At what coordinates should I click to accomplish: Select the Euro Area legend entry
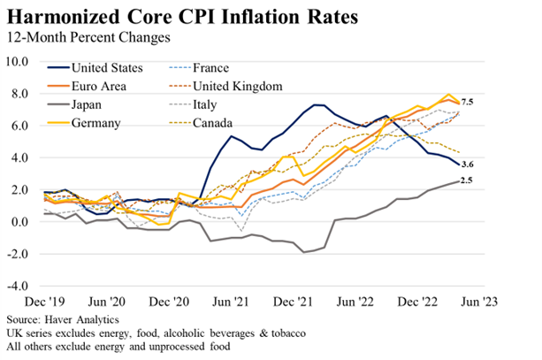tap(98, 86)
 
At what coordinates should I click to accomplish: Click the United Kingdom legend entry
tap(235, 86)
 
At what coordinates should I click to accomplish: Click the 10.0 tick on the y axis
tap(19, 62)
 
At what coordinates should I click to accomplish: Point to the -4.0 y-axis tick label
tap(19, 286)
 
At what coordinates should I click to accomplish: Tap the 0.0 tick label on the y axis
tap(20, 222)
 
